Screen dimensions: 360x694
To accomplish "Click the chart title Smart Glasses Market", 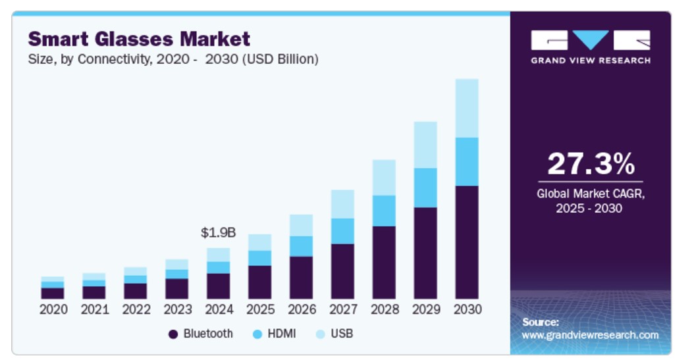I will click(138, 38).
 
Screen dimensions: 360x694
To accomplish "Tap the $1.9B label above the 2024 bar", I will click(218, 232).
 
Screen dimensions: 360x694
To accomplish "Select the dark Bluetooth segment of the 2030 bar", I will click(466, 242).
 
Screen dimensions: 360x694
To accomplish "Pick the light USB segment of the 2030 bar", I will click(466, 108).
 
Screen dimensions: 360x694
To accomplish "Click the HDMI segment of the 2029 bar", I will click(425, 188).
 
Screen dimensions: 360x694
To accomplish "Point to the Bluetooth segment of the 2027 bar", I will click(342, 271).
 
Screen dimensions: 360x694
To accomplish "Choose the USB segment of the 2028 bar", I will click(384, 177).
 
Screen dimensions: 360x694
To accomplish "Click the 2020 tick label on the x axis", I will click(53, 309).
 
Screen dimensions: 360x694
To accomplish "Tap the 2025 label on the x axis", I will click(259, 309).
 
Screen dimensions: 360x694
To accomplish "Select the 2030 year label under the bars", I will click(467, 309).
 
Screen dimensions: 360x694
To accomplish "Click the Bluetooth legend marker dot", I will click(173, 334).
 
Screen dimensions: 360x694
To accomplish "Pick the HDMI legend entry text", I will click(282, 334).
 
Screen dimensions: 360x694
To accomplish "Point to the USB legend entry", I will click(342, 334).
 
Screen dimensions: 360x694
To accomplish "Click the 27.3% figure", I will click(590, 164).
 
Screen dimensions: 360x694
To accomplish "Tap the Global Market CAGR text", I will click(590, 194).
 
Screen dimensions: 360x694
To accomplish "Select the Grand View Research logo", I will click(590, 46).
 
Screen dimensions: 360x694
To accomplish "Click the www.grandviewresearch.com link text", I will click(590, 335).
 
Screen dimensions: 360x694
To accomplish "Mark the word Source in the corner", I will click(541, 322).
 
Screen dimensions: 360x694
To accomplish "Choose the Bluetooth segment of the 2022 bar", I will click(135, 291).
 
